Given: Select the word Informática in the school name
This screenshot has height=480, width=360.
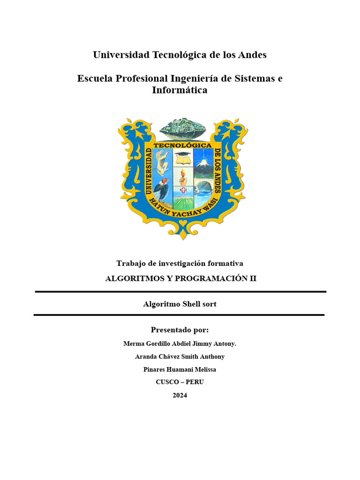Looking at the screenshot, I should [180, 90].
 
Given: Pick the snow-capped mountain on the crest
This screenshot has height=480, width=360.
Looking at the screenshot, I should [204, 164].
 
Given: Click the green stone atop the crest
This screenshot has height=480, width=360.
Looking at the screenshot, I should [183, 128].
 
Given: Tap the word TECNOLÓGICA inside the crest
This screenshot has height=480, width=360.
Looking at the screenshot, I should [183, 146].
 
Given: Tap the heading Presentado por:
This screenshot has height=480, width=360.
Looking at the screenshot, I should [180, 330].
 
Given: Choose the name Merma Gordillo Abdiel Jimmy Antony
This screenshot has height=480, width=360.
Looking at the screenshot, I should [180, 344].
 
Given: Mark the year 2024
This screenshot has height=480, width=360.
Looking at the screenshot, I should [180, 395].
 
